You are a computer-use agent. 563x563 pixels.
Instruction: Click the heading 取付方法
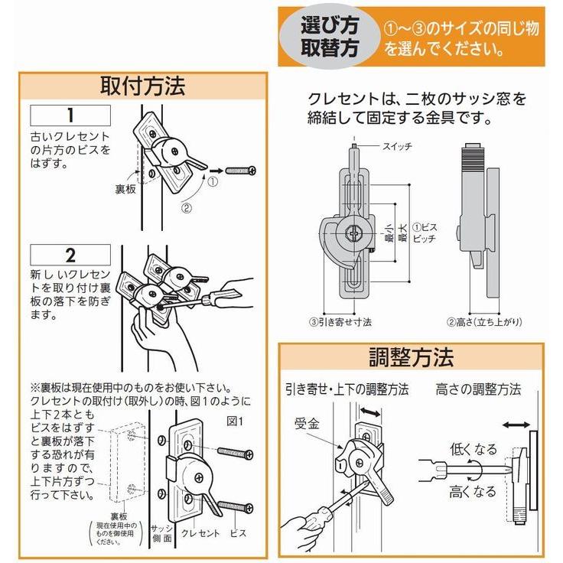coord(142,86)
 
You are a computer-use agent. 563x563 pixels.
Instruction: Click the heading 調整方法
coord(411,357)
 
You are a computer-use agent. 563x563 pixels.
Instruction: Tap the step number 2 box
coord(70,255)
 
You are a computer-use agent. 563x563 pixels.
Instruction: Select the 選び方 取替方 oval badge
coord(329,35)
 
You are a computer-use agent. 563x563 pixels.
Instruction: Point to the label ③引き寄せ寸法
coord(340,322)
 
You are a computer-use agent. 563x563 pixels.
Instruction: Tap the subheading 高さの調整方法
coord(478,389)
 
